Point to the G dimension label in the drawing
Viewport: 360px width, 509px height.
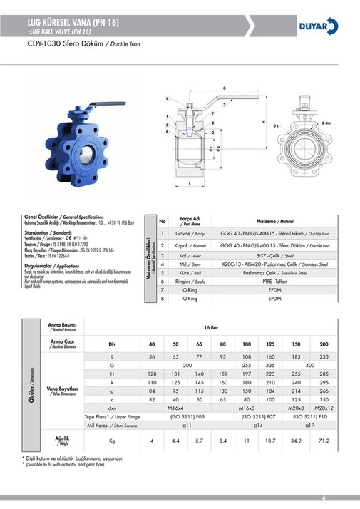point(224,88)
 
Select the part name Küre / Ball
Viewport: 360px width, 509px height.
point(190,272)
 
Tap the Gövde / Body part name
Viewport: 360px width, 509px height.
point(190,234)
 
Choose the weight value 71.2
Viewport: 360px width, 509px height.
point(324,441)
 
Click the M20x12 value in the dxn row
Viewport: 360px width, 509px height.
point(324,408)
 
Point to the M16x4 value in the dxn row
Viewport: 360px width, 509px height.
point(176,408)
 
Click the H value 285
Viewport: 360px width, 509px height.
point(324,374)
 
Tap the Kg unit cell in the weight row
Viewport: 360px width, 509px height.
point(112,441)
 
